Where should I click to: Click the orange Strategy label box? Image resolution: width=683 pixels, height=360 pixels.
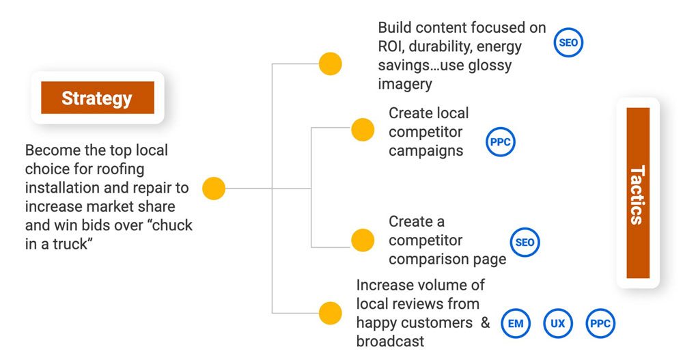pyautogui.click(x=97, y=98)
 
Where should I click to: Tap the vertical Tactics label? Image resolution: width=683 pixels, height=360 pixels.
pyautogui.click(x=637, y=193)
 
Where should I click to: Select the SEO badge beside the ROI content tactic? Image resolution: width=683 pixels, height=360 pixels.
pyautogui.click(x=568, y=43)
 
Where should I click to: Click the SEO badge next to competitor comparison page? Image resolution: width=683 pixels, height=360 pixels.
pyautogui.click(x=525, y=243)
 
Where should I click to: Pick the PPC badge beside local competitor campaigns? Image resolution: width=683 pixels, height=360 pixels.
pyautogui.click(x=500, y=143)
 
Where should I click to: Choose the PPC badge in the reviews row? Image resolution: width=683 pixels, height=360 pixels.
pyautogui.click(x=600, y=323)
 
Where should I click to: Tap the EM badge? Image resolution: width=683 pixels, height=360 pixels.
pyautogui.click(x=516, y=323)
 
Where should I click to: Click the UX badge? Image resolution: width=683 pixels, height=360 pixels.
pyautogui.click(x=558, y=323)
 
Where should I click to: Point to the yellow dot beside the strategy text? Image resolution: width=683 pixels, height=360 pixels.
pyautogui.click(x=214, y=189)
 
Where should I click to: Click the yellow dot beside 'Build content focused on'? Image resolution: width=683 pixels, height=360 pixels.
pyautogui.click(x=330, y=64)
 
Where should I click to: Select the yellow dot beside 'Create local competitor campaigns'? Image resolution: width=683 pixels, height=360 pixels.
pyautogui.click(x=363, y=129)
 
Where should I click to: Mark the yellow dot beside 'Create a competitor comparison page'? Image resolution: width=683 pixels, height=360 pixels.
pyautogui.click(x=363, y=239)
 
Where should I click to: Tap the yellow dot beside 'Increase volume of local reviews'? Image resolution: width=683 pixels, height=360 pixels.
pyautogui.click(x=330, y=313)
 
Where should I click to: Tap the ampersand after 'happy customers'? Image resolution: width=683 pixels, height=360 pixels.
pyautogui.click(x=485, y=322)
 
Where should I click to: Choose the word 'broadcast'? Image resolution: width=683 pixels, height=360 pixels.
pyautogui.click(x=390, y=341)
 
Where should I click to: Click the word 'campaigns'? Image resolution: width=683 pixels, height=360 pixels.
pyautogui.click(x=426, y=151)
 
